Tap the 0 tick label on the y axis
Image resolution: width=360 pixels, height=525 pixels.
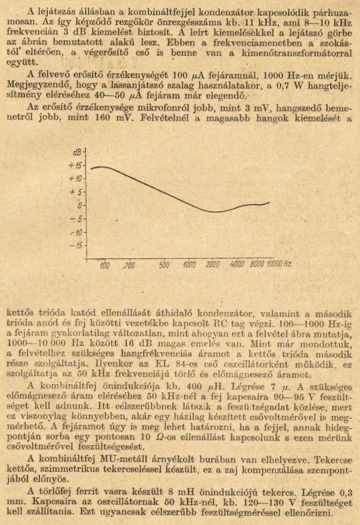(x=80, y=206)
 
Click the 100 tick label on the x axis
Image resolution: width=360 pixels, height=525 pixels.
(x=104, y=265)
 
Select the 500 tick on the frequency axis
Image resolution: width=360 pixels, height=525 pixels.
(x=165, y=265)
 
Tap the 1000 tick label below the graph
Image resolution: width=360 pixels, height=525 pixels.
(x=189, y=265)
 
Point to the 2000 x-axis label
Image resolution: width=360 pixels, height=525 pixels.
(x=213, y=265)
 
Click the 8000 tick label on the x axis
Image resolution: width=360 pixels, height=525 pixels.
(x=258, y=265)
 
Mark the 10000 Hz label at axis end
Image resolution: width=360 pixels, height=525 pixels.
(x=279, y=265)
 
